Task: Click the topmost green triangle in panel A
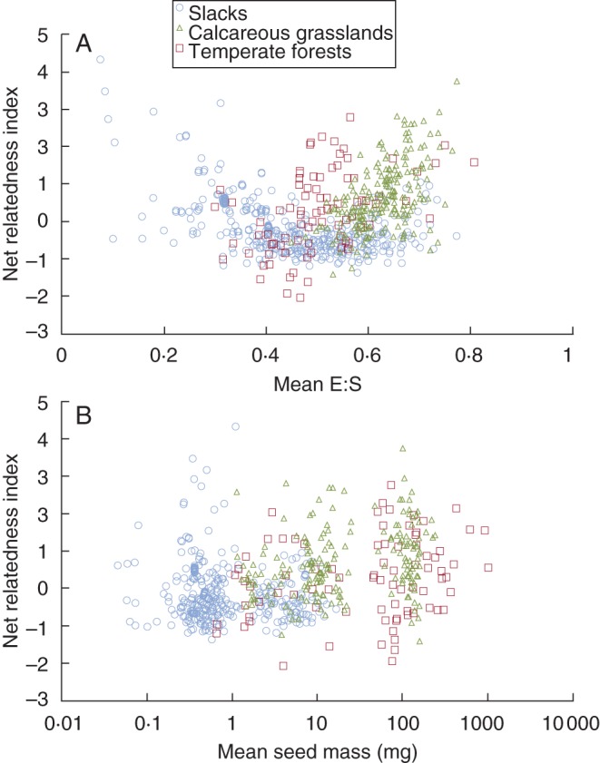click(457, 82)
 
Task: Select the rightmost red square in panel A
click(474, 162)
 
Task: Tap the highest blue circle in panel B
click(236, 426)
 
